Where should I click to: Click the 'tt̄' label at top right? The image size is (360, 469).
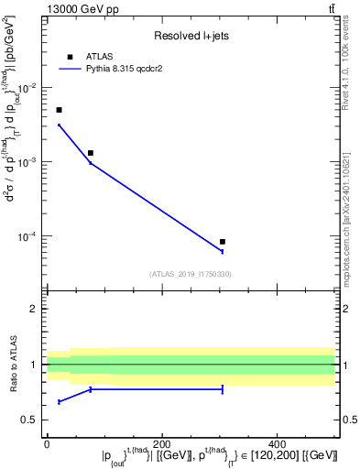pos(330,8)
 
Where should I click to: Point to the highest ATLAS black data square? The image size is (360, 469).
pos(59,110)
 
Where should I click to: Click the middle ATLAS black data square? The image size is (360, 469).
pos(90,153)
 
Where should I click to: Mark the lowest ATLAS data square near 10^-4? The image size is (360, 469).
pos(223,242)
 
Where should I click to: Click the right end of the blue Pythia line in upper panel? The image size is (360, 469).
pos(223,251)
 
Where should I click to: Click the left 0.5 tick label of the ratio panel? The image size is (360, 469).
pos(33,420)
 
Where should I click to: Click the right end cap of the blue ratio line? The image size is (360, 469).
pos(223,389)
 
